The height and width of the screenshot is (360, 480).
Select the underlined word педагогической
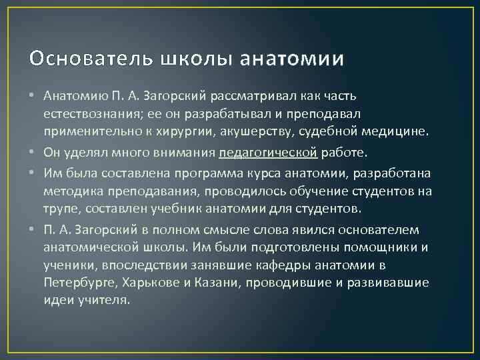point(268,153)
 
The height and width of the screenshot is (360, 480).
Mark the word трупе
point(60,209)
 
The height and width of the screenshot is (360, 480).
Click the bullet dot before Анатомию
point(33,97)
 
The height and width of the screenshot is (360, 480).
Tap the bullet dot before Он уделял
point(33,153)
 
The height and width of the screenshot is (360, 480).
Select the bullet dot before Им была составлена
point(33,172)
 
